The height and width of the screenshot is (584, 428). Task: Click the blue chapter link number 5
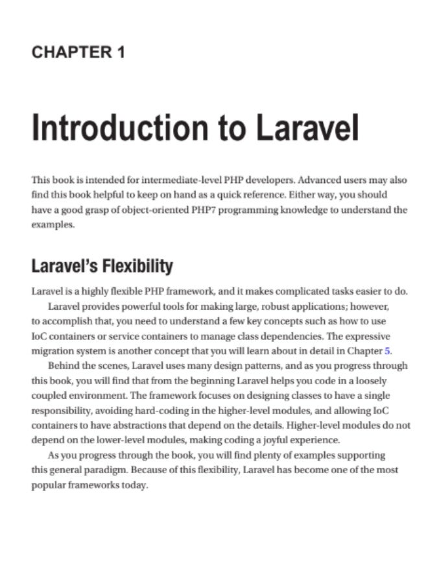coord(388,350)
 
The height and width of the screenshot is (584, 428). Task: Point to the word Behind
coord(63,365)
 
